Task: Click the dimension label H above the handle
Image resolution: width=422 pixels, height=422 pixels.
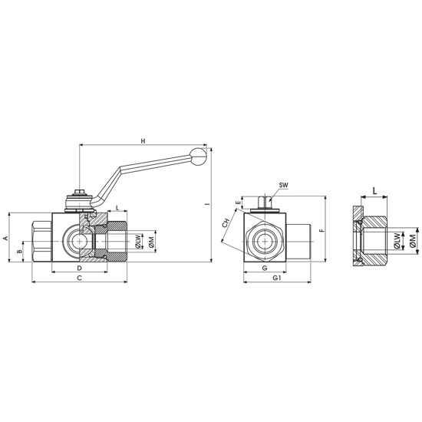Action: click(x=143, y=141)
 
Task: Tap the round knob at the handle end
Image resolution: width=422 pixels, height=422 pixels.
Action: click(x=198, y=157)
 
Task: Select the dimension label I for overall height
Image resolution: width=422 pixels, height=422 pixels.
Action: click(x=207, y=205)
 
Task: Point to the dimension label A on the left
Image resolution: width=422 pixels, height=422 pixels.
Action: click(x=5, y=238)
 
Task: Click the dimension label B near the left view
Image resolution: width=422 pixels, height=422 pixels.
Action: click(x=19, y=252)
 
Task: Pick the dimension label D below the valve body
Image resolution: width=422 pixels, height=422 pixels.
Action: click(x=79, y=268)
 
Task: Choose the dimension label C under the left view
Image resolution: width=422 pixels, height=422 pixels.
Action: click(x=79, y=278)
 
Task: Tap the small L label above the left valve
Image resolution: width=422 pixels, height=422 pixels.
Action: click(x=117, y=207)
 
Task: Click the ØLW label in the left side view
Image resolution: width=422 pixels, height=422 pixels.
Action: click(x=138, y=242)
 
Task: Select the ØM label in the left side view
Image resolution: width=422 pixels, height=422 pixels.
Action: click(x=151, y=242)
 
